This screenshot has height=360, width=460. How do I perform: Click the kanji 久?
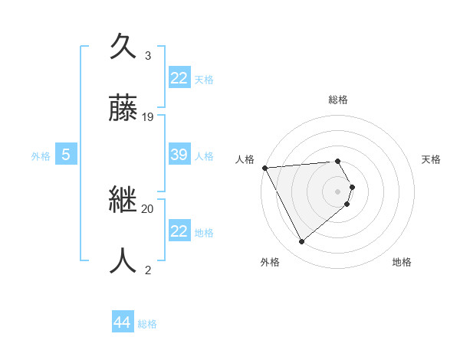(125, 47)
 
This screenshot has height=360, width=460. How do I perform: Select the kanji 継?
(125, 201)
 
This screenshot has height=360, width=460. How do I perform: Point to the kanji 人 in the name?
(125, 260)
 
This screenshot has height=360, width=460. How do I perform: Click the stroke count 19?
(148, 117)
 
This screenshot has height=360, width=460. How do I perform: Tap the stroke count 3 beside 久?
(148, 56)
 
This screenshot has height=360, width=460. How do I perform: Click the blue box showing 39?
(179, 155)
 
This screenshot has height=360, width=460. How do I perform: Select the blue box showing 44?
(122, 322)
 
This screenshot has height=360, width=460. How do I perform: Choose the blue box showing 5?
(66, 155)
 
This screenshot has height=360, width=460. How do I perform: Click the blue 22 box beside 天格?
(179, 78)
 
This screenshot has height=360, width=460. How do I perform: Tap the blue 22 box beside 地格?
(179, 231)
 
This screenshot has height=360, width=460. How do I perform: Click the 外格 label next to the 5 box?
(41, 156)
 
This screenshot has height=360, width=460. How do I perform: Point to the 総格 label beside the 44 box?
(147, 324)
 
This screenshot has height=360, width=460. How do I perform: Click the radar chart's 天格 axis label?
(432, 159)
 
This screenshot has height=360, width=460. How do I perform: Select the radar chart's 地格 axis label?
(402, 262)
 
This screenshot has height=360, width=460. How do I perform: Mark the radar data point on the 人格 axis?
(264, 168)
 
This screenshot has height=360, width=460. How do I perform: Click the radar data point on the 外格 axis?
(301, 242)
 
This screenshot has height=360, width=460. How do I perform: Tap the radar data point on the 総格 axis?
(337, 161)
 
